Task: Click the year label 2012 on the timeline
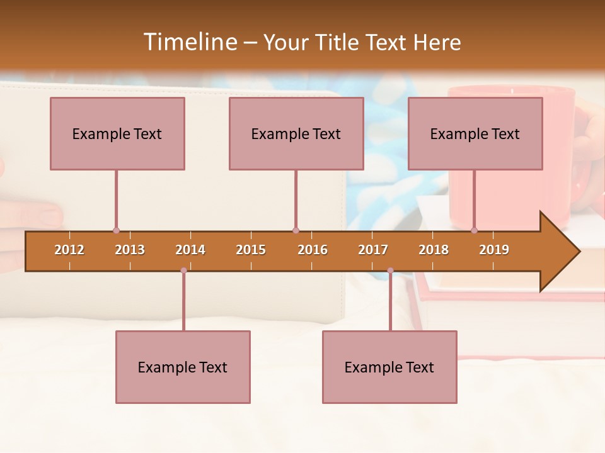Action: click(69, 250)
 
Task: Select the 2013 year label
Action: click(130, 250)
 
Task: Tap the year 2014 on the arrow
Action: click(190, 250)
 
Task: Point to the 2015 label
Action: click(251, 250)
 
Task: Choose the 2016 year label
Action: click(313, 250)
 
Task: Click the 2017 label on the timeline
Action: click(373, 250)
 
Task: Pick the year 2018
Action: click(434, 250)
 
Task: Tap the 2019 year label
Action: click(494, 250)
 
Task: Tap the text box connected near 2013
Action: click(117, 133)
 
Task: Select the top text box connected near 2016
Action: click(296, 133)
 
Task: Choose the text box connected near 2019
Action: click(475, 133)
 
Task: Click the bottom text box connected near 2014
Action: click(183, 367)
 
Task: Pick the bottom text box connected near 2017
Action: click(389, 367)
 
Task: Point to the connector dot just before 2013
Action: click(116, 230)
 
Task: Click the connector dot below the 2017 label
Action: click(390, 271)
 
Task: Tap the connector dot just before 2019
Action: click(475, 230)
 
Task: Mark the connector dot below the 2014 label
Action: click(183, 271)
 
